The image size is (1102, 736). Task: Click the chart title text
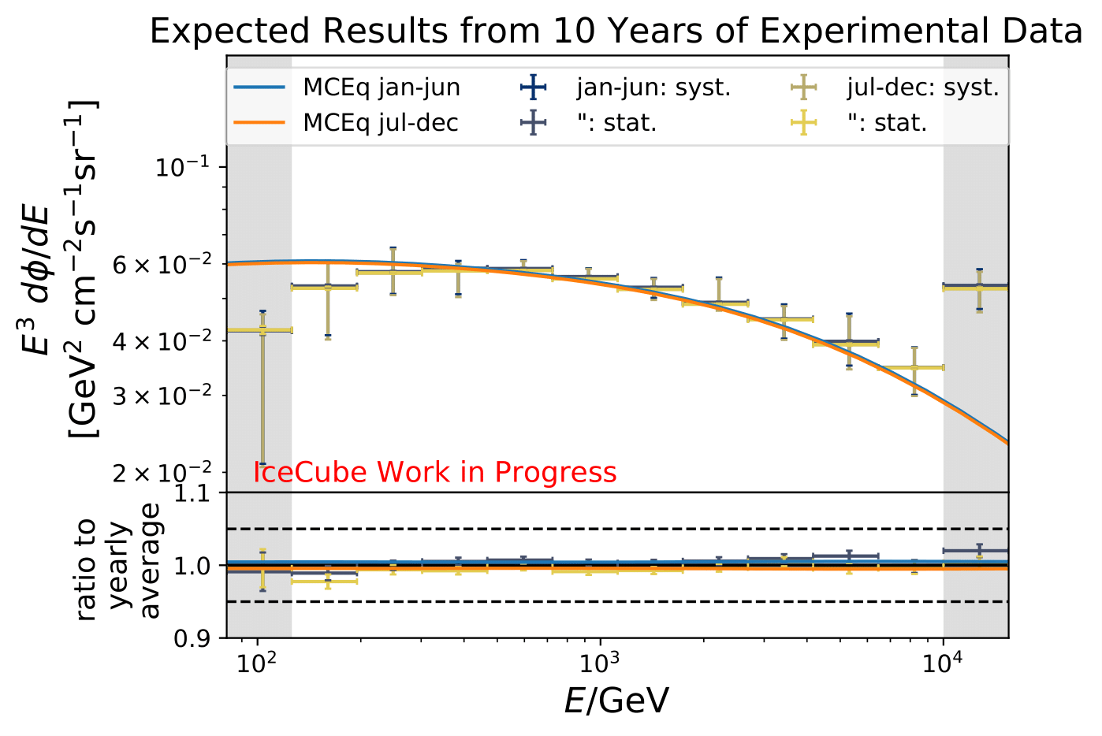pos(616,32)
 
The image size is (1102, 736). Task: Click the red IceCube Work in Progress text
pos(434,472)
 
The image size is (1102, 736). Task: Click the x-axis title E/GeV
pos(616,701)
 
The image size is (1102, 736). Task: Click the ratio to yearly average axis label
pos(118,565)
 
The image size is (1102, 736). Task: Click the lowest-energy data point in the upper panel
pos(262,330)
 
